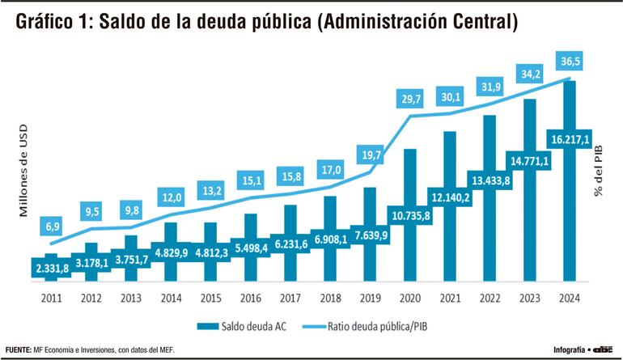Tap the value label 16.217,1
coord(569,138)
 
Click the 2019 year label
coord(371,297)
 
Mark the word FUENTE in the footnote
coord(18,350)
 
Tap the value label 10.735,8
coord(410,216)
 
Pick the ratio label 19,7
coord(371,155)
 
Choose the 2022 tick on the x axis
coord(489,297)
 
